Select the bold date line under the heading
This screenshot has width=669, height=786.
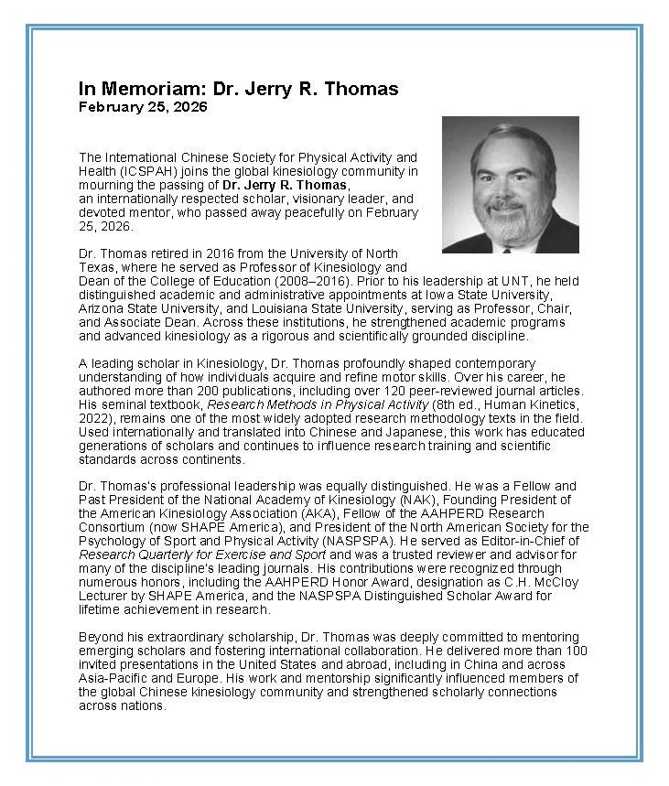click(143, 107)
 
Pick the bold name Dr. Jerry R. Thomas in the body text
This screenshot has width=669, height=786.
click(285, 185)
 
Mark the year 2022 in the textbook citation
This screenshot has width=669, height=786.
click(93, 417)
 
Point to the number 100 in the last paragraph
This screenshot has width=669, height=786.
click(577, 651)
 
